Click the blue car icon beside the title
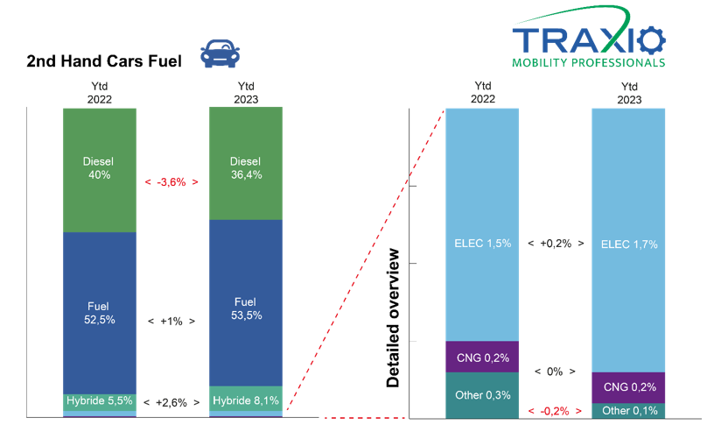coord(220,53)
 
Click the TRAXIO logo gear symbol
coord(651,40)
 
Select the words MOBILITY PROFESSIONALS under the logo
coord(588,63)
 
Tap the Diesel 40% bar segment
coord(100,170)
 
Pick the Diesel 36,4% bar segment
coord(246,164)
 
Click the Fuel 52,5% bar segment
coord(100,313)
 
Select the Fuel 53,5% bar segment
coord(246,303)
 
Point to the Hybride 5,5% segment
coord(100,402)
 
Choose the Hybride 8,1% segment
coord(246,399)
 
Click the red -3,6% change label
coord(171,182)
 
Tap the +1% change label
coord(171,322)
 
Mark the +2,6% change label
coord(171,403)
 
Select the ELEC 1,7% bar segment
coord(628,240)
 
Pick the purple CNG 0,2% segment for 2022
coord(482,357)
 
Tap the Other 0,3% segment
coord(482,395)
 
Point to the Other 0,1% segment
coord(628,411)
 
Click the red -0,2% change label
coord(555,412)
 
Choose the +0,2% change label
coord(556,244)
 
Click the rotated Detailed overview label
coord(393,318)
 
